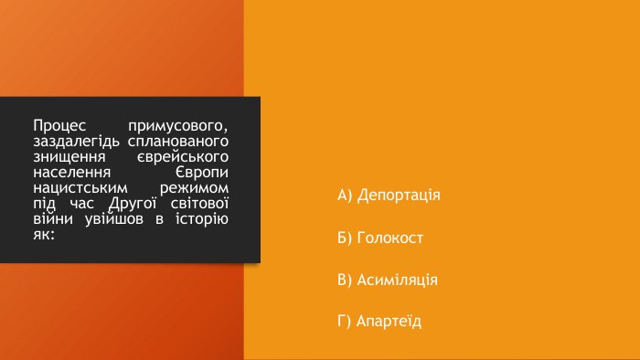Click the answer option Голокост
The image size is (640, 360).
(380, 238)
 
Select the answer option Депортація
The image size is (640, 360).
(389, 196)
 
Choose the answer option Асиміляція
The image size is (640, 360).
(388, 281)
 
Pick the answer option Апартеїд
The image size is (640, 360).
(379, 322)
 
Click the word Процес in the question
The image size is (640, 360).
(59, 125)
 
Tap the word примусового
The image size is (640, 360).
(178, 126)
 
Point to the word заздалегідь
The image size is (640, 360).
(76, 142)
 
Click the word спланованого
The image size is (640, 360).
(178, 142)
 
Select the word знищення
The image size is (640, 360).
(69, 157)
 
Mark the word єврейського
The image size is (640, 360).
(183, 157)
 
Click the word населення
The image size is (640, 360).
(72, 173)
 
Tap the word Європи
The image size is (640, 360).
(202, 173)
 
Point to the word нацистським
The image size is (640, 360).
(80, 188)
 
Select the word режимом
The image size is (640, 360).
(194, 188)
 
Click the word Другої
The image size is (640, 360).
(133, 203)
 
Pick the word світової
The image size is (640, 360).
(199, 203)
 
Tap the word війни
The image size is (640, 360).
(53, 218)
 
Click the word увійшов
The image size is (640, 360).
(114, 219)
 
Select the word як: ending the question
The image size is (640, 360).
(44, 235)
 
